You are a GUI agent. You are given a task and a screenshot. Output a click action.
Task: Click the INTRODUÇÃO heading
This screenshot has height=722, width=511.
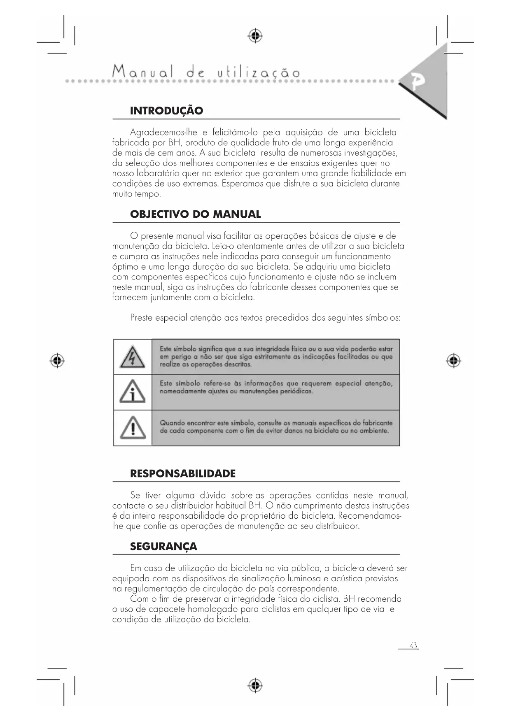coord(166,111)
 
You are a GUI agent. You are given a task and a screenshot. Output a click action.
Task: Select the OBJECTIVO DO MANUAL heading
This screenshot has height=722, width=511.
coord(195,214)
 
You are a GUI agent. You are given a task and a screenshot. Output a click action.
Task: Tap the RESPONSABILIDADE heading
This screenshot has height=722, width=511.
coord(183,473)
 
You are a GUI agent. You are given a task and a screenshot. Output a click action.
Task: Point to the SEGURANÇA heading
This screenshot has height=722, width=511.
coord(163,547)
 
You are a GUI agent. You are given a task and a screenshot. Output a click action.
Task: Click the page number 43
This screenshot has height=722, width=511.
coord(413,645)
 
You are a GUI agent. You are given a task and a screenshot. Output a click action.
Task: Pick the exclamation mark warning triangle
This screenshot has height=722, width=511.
coord(132,428)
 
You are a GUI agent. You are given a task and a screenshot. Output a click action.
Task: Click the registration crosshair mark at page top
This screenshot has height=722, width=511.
coord(255,36)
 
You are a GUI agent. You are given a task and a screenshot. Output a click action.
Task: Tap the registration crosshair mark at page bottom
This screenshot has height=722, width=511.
coord(255,686)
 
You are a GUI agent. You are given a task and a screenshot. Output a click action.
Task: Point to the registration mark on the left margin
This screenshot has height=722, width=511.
coord(57,361)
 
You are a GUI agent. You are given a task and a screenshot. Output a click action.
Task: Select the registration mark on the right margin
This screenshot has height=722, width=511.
coord(453,361)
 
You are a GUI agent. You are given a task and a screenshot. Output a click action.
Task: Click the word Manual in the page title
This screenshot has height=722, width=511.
coord(143,72)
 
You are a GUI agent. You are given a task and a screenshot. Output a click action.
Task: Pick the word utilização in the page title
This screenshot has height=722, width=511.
coord(259,73)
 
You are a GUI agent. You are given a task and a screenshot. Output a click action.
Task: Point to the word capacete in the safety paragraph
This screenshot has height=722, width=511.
coord(167,609)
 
